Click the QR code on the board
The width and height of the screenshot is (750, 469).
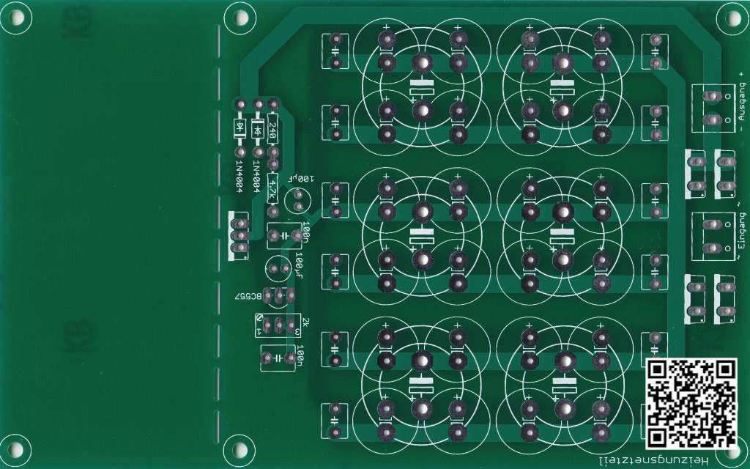[691, 403]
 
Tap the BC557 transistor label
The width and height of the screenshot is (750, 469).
[247, 297]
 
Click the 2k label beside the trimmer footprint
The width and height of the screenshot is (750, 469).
[305, 323]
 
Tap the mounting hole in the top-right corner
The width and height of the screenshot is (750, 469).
[731, 18]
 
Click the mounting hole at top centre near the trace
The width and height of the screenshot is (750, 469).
[237, 18]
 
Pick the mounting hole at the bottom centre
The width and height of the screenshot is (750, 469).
[237, 448]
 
